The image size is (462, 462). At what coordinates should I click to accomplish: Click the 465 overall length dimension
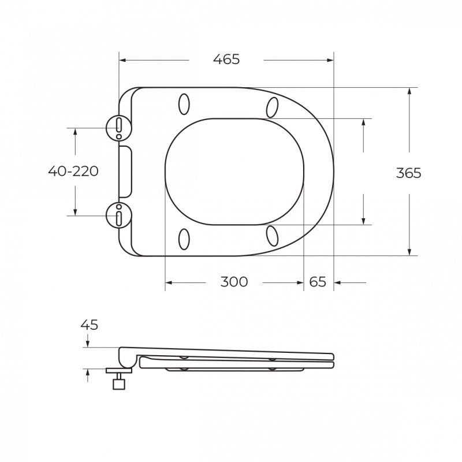[x=226, y=59]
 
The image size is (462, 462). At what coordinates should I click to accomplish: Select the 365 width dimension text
[x=409, y=173]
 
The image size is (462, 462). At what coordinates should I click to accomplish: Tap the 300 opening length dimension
[x=234, y=282]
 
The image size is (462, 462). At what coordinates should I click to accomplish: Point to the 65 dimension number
[x=318, y=282]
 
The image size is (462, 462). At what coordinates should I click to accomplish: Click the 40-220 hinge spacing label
[x=73, y=171]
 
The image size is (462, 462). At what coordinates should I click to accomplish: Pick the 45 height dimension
[x=89, y=325]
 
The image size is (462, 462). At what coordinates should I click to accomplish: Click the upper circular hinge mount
[x=119, y=128]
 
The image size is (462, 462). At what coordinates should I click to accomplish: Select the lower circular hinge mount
[x=119, y=215]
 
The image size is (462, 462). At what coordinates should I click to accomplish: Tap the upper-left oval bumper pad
[x=184, y=104]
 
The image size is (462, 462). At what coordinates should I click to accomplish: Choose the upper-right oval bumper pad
[x=272, y=107]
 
